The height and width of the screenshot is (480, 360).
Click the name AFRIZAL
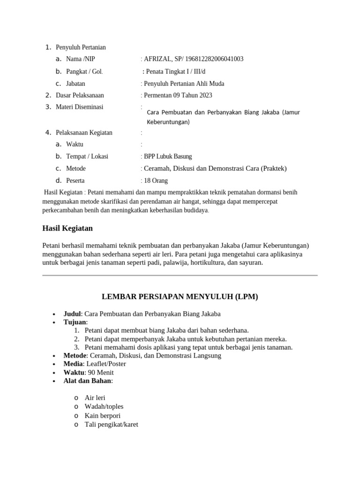(158, 59)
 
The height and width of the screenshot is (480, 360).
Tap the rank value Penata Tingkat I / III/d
(176, 72)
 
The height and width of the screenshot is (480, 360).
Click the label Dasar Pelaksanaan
(80, 95)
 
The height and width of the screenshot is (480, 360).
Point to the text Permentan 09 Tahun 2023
(178, 95)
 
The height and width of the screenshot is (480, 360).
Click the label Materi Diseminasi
(79, 107)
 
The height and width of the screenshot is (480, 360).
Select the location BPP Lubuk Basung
(168, 157)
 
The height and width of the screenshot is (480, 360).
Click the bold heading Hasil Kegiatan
(67, 228)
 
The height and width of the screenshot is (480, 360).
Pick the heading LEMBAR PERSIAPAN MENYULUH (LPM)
(180, 297)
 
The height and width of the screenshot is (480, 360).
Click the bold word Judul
(72, 314)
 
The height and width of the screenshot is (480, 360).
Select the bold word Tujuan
(75, 322)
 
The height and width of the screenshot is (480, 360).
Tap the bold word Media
(73, 364)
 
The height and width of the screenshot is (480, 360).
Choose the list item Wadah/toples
(104, 406)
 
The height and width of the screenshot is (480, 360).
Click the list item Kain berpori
(103, 416)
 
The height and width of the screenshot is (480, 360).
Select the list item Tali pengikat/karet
(111, 425)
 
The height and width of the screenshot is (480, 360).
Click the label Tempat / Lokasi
(87, 157)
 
